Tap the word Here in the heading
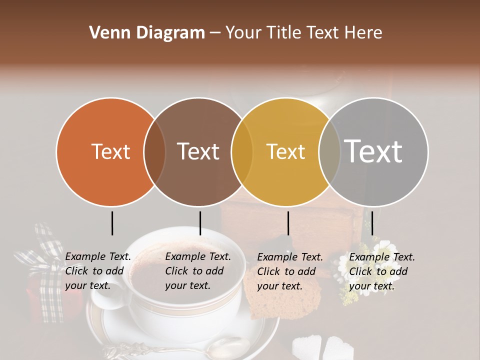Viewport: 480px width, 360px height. tap(364, 33)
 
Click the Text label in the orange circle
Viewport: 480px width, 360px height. tap(110, 151)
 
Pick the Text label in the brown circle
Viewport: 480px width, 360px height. tap(198, 151)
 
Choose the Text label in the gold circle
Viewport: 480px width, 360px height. tap(285, 151)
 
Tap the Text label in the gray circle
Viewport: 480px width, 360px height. tap(373, 151)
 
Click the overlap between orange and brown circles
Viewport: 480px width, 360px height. tap(154, 151)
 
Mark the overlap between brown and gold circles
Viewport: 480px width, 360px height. tap(242, 151)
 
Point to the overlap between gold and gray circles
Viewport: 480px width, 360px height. tap(329, 151)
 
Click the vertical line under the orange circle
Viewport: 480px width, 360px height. tap(112, 223)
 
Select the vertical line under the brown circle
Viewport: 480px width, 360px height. tap(200, 223)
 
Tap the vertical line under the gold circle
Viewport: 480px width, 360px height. tap(288, 223)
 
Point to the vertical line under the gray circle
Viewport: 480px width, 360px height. tap(372, 223)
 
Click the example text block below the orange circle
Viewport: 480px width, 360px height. tap(98, 271)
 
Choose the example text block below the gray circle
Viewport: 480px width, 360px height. tap(382, 271)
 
